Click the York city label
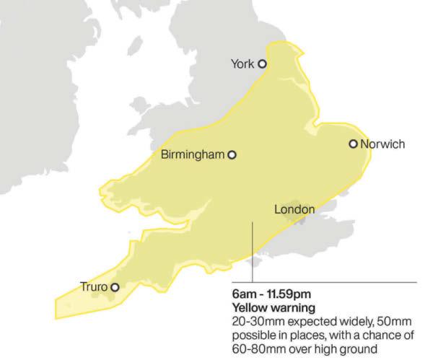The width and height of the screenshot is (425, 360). [242, 64]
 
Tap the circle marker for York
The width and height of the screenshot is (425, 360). [263, 63]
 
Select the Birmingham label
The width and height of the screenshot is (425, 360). [192, 154]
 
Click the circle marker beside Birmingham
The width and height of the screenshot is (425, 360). [232, 154]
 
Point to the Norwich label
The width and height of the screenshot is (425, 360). [382, 144]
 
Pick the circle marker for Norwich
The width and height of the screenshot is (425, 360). [354, 144]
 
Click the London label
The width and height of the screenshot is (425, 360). [294, 210]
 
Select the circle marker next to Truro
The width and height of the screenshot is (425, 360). [114, 286]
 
